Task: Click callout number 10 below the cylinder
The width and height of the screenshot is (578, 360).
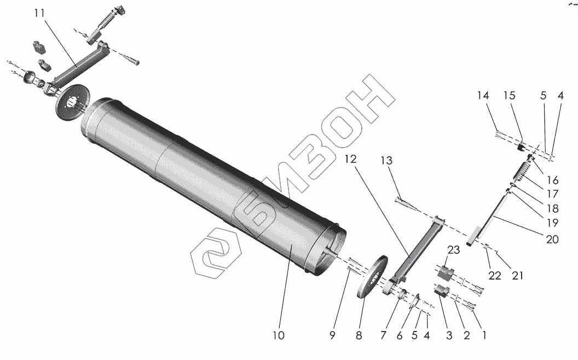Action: (279, 335)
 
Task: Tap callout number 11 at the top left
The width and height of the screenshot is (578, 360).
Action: (39, 13)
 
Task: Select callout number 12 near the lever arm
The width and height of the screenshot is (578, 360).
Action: (351, 159)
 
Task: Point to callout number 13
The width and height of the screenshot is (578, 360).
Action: (386, 161)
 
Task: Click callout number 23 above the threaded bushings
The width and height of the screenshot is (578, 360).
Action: (454, 250)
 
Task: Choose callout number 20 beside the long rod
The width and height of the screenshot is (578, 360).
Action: (552, 240)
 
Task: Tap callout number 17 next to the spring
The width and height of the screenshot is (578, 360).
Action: (552, 194)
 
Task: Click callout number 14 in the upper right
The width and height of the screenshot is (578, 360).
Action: (483, 95)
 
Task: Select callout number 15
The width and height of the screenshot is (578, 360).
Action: (510, 95)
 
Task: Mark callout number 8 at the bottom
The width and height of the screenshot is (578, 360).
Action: (359, 335)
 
